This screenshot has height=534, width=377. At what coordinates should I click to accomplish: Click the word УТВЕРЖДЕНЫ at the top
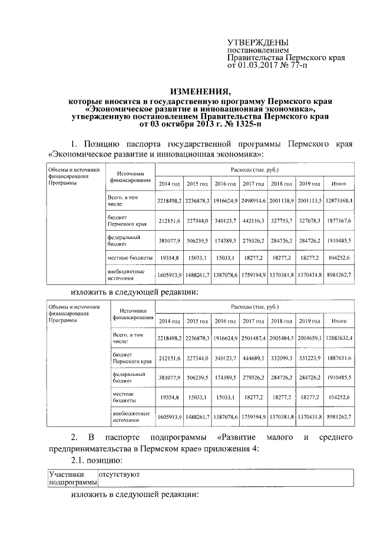(x=258, y=43)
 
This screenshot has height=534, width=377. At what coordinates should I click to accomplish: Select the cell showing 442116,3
(x=255, y=220)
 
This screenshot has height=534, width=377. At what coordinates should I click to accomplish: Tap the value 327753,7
(x=283, y=220)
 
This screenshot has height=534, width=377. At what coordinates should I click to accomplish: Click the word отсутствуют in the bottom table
(x=120, y=473)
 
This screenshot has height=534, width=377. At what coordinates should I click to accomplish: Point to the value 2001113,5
(x=309, y=201)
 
